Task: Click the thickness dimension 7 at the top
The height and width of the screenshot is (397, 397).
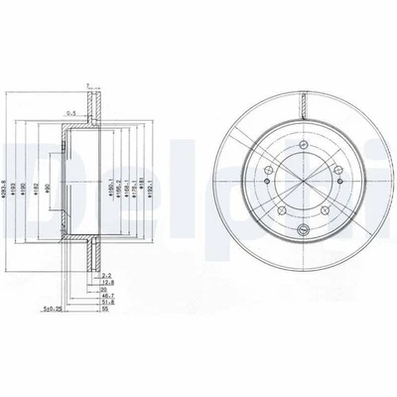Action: tap(87, 85)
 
